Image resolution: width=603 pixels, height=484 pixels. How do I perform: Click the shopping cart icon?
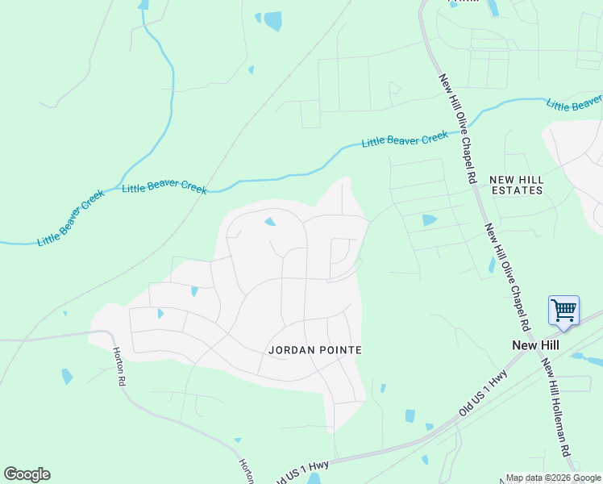(x=563, y=311)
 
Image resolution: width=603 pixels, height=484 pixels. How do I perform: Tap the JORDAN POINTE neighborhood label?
(x=314, y=350)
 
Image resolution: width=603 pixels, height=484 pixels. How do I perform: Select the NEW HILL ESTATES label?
(x=516, y=185)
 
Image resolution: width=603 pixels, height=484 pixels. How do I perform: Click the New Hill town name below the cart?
(x=536, y=345)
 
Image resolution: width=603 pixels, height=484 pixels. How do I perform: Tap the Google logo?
(x=27, y=474)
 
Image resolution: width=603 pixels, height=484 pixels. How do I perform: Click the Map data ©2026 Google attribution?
(x=552, y=478)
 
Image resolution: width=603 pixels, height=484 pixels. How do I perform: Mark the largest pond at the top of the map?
(x=273, y=21)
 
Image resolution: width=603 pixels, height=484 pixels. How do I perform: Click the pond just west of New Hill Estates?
(x=429, y=219)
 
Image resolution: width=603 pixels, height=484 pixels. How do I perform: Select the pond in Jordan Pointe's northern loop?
(x=270, y=222)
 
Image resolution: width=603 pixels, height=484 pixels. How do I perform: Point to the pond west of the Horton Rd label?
(x=67, y=376)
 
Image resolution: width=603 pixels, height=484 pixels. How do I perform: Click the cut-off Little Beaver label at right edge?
(x=574, y=102)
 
